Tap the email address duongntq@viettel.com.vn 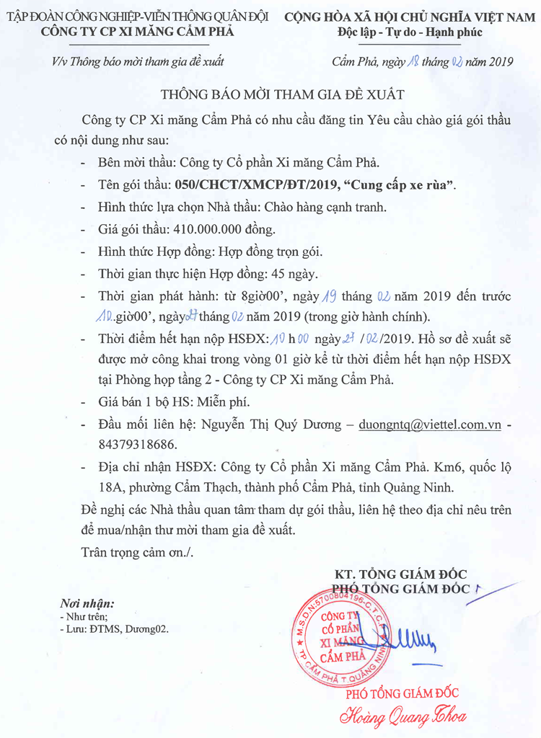(x=430, y=425)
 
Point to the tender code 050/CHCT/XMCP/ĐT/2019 (x=255, y=184)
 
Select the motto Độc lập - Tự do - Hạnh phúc (x=410, y=32)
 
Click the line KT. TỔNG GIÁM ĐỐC (x=400, y=574)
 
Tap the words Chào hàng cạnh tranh (x=325, y=207)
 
